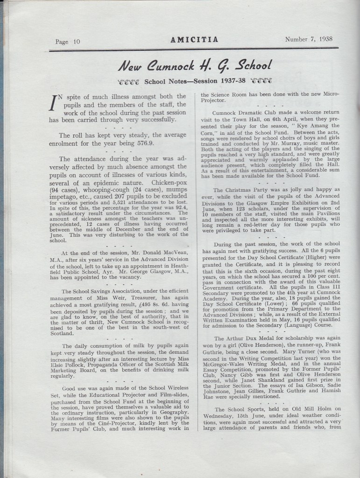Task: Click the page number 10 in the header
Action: point(76,41)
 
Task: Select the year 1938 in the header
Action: point(323,39)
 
